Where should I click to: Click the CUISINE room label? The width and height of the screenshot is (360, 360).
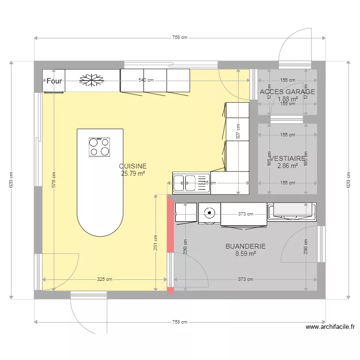pos(133,166)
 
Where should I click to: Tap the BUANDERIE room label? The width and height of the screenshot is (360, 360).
pos(245,246)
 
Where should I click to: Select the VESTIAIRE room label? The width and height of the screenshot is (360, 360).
pos(288,158)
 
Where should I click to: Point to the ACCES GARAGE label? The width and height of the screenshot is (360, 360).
pos(287,92)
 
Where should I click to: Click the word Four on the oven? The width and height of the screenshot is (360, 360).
pos(54,81)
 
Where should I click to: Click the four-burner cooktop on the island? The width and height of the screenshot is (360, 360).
pos(99,147)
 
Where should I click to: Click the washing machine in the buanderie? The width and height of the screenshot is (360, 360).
pos(209,213)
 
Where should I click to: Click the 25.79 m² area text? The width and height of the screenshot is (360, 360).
pos(133,174)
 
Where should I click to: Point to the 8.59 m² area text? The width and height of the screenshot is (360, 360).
pos(245,254)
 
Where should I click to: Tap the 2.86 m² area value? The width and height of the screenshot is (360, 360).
pos(288,166)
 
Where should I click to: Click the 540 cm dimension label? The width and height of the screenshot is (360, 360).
pos(146,80)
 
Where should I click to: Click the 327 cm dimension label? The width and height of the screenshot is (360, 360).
pos(238,132)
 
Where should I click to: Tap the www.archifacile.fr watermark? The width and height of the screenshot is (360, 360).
pos(330,327)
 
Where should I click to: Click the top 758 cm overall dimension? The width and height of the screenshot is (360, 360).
pos(180,38)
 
